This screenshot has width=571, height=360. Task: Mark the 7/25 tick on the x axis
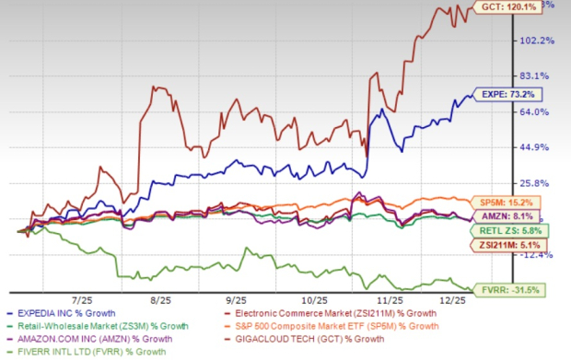click(x=84, y=300)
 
